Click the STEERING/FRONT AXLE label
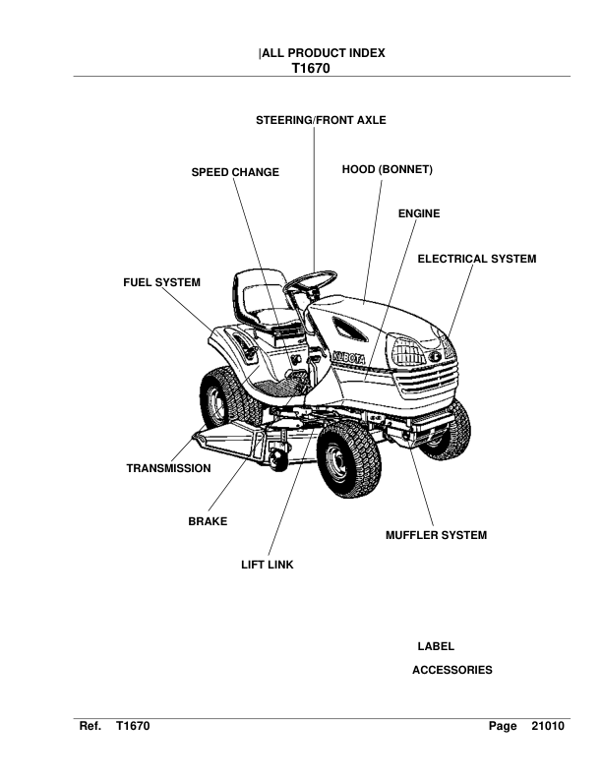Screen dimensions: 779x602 click(321, 120)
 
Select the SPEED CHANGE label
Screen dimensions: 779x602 click(235, 172)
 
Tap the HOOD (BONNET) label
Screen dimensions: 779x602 click(388, 170)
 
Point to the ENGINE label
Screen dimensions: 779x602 click(419, 213)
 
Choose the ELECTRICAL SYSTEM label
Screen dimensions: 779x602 click(477, 259)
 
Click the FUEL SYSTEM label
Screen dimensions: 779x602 click(161, 282)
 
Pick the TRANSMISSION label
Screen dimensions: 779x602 click(168, 468)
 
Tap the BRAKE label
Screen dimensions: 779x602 click(208, 520)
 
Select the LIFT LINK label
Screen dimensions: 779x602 click(268, 566)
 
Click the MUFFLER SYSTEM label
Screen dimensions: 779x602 click(436, 536)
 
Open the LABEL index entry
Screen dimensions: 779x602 click(436, 646)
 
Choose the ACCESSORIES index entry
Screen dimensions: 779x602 click(452, 670)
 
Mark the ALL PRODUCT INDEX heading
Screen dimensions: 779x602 click(322, 54)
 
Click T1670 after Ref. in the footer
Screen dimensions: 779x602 click(132, 727)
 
